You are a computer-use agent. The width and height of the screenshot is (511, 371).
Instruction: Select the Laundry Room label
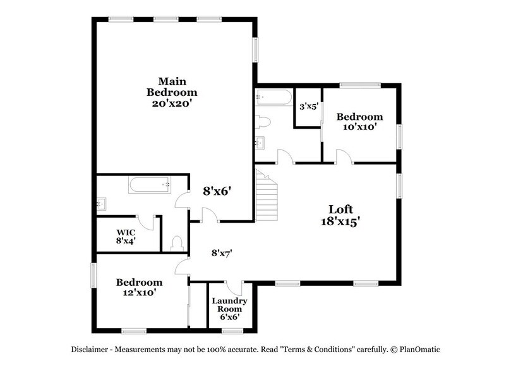pos(224,308)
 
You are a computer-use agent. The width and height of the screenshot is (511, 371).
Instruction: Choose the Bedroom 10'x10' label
pos(359,121)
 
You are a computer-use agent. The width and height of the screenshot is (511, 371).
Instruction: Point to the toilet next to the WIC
pos(177,241)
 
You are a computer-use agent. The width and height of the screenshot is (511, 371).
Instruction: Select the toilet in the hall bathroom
pos(263,121)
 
